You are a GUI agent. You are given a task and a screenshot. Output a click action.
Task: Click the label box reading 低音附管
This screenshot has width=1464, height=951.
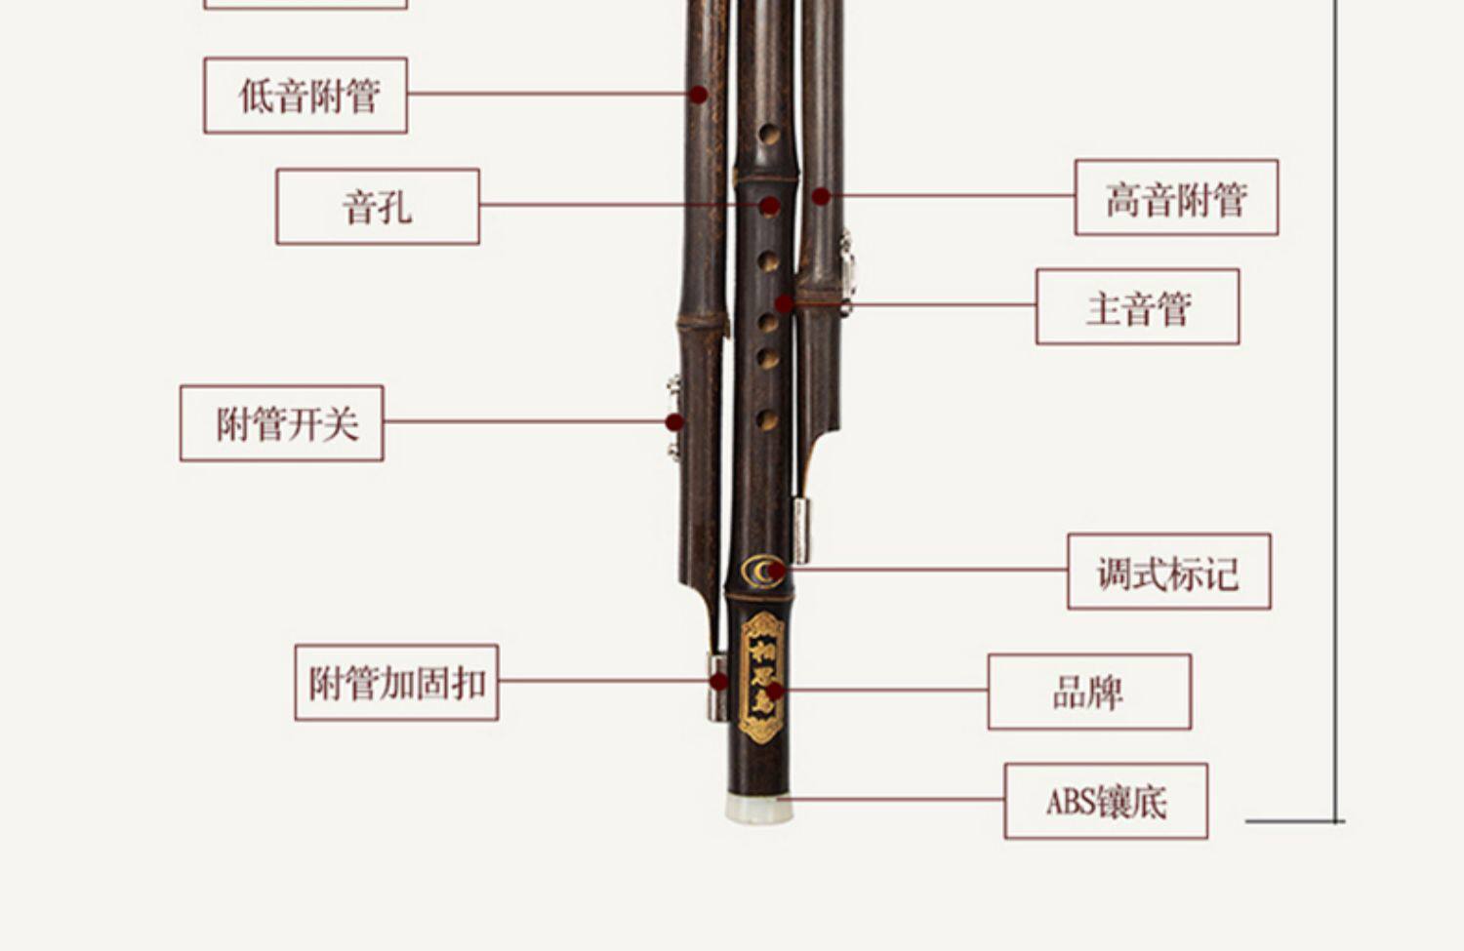pos(305,96)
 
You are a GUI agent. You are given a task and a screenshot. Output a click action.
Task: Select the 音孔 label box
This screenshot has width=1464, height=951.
pos(378,207)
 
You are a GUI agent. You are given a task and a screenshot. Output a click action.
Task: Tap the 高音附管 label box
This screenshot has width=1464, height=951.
pos(1176,198)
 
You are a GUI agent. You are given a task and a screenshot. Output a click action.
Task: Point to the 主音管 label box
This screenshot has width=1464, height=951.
pos(1137,307)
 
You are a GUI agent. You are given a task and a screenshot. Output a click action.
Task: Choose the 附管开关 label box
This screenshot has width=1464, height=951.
pos(282,423)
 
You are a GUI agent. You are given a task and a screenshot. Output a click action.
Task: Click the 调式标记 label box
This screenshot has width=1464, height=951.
pos(1168,572)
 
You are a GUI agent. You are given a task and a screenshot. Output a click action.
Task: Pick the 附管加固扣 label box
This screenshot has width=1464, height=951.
pos(396,683)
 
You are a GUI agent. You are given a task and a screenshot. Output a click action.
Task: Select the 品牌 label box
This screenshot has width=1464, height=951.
pos(1089,692)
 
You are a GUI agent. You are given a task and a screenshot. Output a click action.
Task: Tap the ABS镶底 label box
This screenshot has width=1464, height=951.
pos(1106,802)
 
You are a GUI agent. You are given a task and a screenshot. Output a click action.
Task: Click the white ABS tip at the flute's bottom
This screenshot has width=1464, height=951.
pos(758,809)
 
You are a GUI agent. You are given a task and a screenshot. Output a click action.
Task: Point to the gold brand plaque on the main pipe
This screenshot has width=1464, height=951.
pos(762,676)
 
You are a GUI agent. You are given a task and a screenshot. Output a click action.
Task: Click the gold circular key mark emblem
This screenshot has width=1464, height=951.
pos(762,571)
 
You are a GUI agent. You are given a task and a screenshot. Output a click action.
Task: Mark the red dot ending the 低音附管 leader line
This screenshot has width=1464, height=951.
pos(698,95)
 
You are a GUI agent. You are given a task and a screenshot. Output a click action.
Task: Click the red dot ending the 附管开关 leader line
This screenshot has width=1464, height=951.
pos(674,422)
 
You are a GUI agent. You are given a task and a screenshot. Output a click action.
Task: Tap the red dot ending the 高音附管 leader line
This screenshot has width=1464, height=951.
pos(822,197)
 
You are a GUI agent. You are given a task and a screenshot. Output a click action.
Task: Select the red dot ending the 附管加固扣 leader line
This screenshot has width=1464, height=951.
pos(719,682)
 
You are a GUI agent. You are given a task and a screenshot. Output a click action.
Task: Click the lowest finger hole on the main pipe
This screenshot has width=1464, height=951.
pos(768,421)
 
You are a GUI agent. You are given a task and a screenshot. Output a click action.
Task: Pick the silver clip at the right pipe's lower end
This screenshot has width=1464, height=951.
pos(801,530)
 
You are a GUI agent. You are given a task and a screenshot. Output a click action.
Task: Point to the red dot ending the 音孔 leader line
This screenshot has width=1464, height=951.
pos(770,206)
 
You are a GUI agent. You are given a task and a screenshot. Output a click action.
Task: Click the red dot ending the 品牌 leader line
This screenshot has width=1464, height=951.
pos(774,692)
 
